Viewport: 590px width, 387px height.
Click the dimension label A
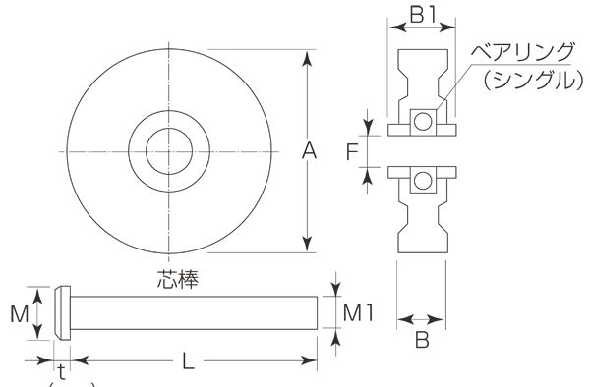pyautogui.click(x=309, y=152)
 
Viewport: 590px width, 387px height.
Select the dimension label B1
pyautogui.click(x=423, y=16)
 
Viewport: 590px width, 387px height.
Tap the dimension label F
pyautogui.click(x=352, y=152)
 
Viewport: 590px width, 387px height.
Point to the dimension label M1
pyautogui.click(x=358, y=313)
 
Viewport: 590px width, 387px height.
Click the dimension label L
pyautogui.click(x=189, y=361)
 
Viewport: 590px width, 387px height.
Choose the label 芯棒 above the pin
pyautogui.click(x=177, y=279)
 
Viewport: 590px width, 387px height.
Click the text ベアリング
pyautogui.click(x=523, y=52)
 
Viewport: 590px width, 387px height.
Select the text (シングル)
pyautogui.click(x=534, y=80)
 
